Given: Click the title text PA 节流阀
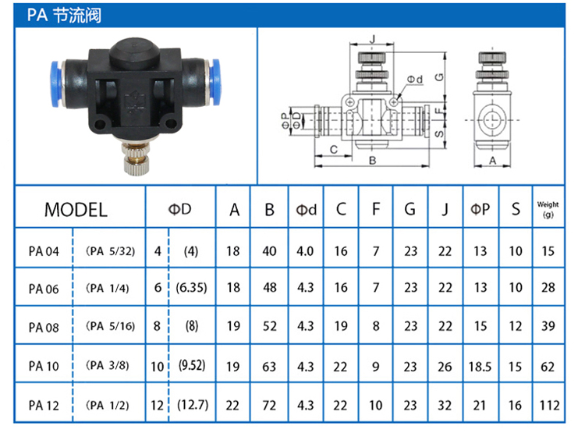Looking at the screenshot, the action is coord(64,16).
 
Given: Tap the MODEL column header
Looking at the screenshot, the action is coord(76,210).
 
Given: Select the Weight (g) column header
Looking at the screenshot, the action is coord(548,209).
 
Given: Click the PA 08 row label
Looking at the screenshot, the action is coord(44,328).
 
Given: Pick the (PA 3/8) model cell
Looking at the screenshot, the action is coord(108,365).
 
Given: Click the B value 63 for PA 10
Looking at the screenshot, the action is coord(269,367).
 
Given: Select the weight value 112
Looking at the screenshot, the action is coord(549,405).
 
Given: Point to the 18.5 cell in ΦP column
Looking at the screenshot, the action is coord(480,367).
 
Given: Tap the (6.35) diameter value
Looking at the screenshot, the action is coord(191,288).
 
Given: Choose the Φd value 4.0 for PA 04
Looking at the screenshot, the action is coord(305,251).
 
